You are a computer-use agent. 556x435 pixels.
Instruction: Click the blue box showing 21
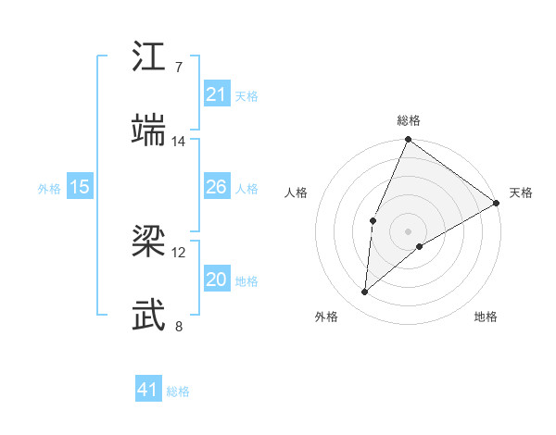(216, 94)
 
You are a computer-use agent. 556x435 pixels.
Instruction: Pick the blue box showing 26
(216, 187)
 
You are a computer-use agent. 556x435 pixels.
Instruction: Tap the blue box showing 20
(216, 280)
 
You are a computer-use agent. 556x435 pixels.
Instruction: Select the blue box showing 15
(80, 187)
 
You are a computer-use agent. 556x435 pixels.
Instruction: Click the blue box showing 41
(148, 391)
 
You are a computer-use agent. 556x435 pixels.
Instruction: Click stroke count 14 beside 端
(178, 142)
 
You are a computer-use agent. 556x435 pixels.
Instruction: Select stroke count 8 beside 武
(178, 326)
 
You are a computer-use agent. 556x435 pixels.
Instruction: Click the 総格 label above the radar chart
(408, 120)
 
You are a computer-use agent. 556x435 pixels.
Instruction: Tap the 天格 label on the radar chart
(521, 193)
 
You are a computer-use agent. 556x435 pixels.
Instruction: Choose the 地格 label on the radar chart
(486, 317)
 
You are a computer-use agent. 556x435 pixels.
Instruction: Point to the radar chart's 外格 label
(326, 317)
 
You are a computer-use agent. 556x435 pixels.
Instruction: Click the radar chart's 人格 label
(296, 193)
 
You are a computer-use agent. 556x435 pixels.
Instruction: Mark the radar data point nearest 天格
(497, 203)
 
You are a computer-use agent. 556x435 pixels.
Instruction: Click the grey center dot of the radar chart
(408, 230)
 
